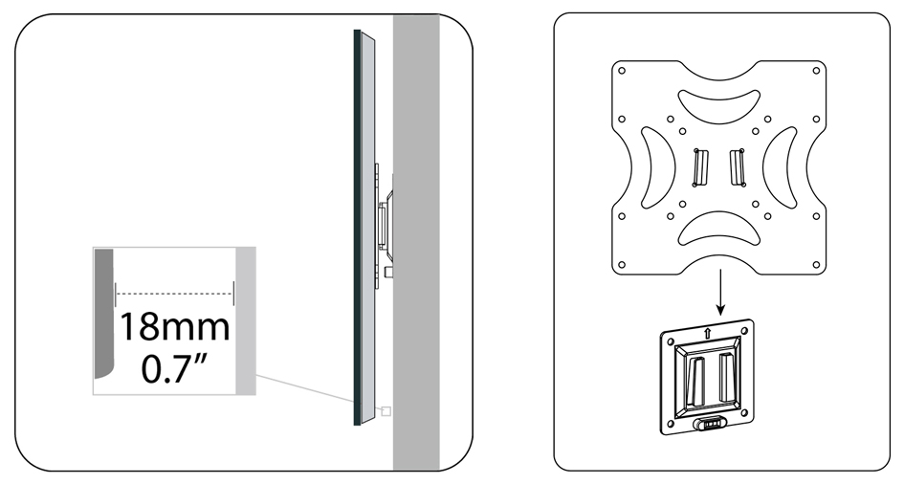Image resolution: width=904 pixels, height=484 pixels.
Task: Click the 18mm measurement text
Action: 175,327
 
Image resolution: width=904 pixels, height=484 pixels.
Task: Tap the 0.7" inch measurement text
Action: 174,368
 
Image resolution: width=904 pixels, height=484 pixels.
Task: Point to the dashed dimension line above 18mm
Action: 175,294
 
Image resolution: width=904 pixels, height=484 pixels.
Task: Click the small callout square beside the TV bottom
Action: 386,410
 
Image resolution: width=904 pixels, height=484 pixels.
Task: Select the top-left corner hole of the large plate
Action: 622,71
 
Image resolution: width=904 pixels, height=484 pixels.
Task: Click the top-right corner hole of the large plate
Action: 816,71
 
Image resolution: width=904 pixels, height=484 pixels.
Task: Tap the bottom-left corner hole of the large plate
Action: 622,265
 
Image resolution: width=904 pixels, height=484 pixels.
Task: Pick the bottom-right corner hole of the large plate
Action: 816,265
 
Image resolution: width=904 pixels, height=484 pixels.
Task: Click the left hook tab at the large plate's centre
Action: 700,167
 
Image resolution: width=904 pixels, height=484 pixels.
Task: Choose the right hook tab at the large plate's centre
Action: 738,167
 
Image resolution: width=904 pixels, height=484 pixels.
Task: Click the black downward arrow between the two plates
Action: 719,292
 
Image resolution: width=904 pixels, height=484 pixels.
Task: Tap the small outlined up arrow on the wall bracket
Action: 707,331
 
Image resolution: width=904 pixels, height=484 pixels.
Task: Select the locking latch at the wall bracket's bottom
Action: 709,424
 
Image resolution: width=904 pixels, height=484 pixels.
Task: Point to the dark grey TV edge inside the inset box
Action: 103,314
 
